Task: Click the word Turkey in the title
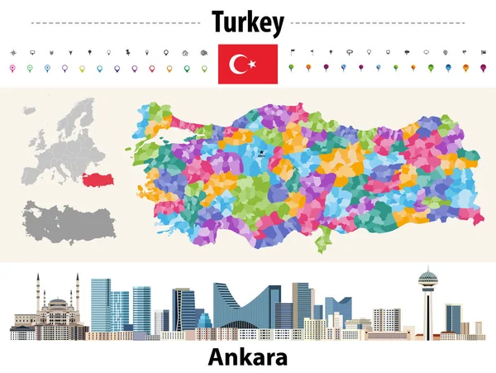tap(247, 22)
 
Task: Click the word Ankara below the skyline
tap(247, 357)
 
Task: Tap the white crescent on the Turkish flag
tap(239, 63)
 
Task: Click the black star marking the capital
tap(260, 152)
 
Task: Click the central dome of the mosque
tap(57, 304)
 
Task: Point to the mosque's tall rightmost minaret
tap(78, 298)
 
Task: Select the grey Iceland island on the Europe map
tap(31, 110)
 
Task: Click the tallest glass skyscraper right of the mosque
tap(100, 304)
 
